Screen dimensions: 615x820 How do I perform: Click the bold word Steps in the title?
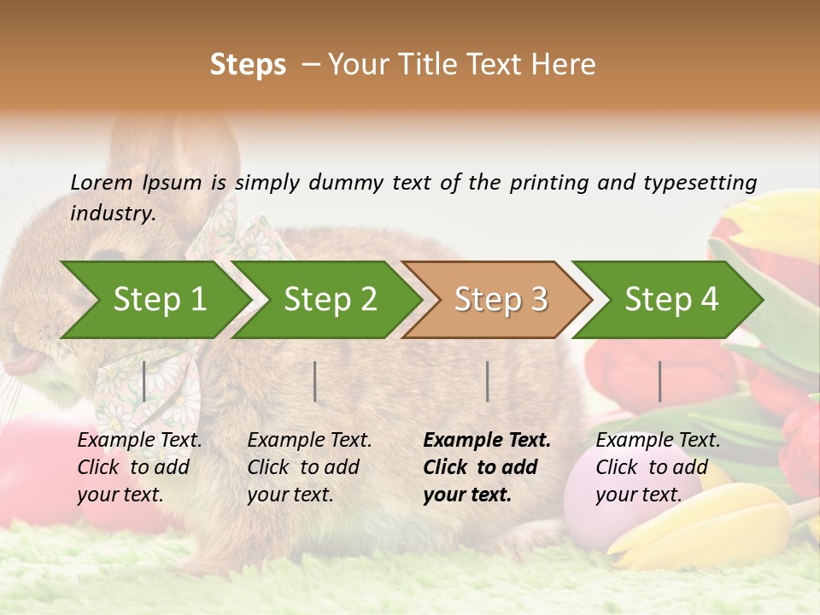[x=248, y=65]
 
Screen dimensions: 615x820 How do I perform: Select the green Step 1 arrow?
[x=159, y=300]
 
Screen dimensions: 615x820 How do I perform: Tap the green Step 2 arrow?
[x=330, y=300]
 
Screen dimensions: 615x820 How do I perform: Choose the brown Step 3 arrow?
[x=501, y=300]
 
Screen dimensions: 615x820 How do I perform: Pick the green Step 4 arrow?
[x=671, y=300]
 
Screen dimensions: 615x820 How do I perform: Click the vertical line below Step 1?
[x=144, y=381]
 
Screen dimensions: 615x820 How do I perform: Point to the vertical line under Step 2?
[x=315, y=381]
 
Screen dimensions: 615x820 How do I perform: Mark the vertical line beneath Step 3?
[x=488, y=381]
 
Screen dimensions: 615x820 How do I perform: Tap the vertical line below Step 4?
[x=659, y=381]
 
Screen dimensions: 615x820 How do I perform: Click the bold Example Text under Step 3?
[x=487, y=467]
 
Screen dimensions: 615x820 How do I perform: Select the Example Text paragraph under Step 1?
[x=139, y=467]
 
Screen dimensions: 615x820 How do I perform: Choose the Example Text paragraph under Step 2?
[x=309, y=467]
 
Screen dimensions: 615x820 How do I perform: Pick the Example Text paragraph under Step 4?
[x=658, y=467]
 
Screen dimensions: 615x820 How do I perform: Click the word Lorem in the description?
[x=101, y=182]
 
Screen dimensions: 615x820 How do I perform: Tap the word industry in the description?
[x=112, y=214]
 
